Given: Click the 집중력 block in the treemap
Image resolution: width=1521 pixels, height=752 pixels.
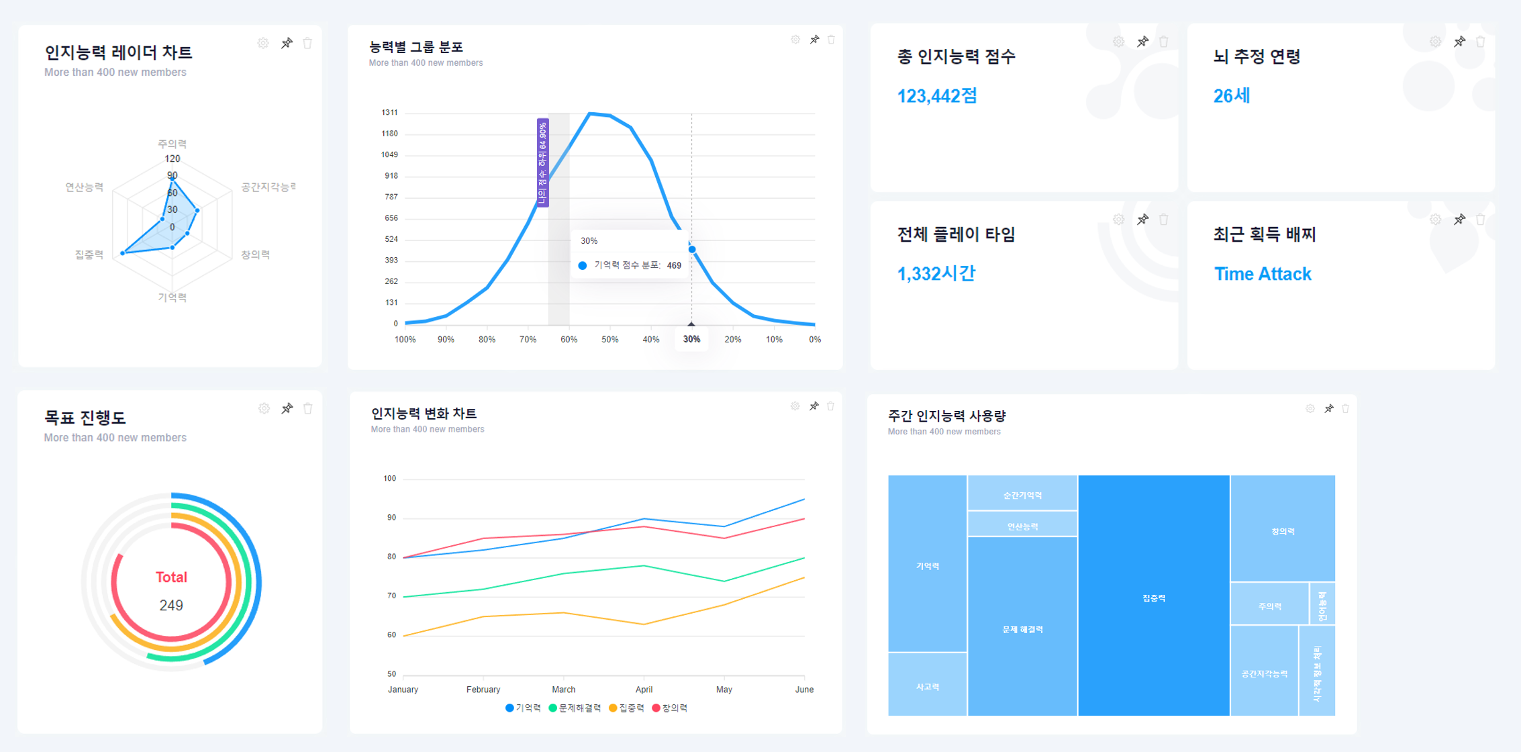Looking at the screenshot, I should click(x=1154, y=597).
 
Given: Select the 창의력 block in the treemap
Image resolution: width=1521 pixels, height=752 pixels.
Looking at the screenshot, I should click(x=1283, y=530).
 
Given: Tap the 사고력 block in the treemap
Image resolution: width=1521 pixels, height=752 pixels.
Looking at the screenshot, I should click(x=927, y=686).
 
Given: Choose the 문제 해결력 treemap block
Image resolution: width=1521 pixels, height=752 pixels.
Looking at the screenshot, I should click(x=1022, y=628).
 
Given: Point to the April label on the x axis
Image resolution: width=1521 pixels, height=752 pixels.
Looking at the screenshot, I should click(x=644, y=690).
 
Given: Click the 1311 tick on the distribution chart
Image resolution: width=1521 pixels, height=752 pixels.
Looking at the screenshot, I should click(x=389, y=112).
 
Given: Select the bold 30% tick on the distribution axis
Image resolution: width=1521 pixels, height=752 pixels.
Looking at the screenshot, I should click(x=691, y=339).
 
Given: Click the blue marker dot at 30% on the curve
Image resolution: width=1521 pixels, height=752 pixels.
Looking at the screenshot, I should click(x=692, y=249).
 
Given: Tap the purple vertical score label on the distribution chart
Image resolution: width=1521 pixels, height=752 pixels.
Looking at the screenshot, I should click(x=542, y=162).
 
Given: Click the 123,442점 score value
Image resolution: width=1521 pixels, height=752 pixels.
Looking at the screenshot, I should click(x=936, y=96).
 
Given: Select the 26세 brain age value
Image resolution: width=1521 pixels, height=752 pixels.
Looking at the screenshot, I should click(x=1231, y=96).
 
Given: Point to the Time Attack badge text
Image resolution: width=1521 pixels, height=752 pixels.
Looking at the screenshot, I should click(x=1262, y=274).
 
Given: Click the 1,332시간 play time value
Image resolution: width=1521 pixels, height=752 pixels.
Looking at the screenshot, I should click(x=936, y=274).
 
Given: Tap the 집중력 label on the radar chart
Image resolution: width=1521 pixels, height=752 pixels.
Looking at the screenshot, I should click(x=89, y=254).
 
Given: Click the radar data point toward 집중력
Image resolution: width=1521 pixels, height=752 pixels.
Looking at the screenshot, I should click(x=122, y=253).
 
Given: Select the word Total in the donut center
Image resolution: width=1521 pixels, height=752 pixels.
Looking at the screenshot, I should click(x=171, y=577).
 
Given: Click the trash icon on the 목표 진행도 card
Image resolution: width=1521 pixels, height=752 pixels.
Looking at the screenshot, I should click(x=308, y=408).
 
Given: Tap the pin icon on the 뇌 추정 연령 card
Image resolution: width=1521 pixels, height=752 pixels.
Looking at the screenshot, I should click(x=1459, y=42).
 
